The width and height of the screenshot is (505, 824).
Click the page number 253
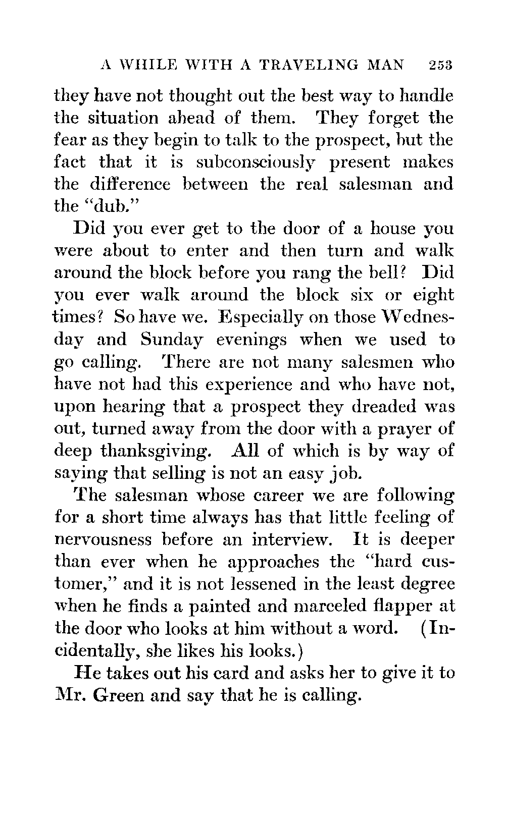point(441,65)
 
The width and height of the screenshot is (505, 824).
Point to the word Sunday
point(172,340)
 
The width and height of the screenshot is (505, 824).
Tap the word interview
point(292,539)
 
